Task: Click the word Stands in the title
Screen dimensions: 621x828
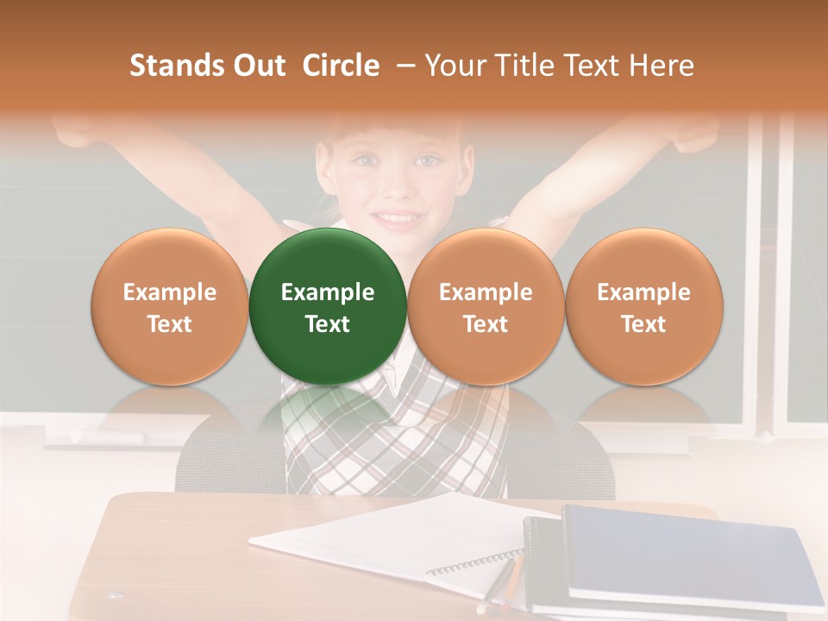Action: click(x=178, y=66)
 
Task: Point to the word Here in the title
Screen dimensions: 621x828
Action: click(x=662, y=66)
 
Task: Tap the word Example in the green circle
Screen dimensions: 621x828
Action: click(x=328, y=292)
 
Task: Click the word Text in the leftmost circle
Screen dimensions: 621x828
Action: click(x=170, y=324)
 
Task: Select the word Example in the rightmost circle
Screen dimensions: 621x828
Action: click(x=643, y=292)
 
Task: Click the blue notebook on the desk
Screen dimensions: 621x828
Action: click(x=681, y=552)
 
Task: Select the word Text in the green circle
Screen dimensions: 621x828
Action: click(x=328, y=324)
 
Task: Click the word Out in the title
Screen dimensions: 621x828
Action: click(x=260, y=66)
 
